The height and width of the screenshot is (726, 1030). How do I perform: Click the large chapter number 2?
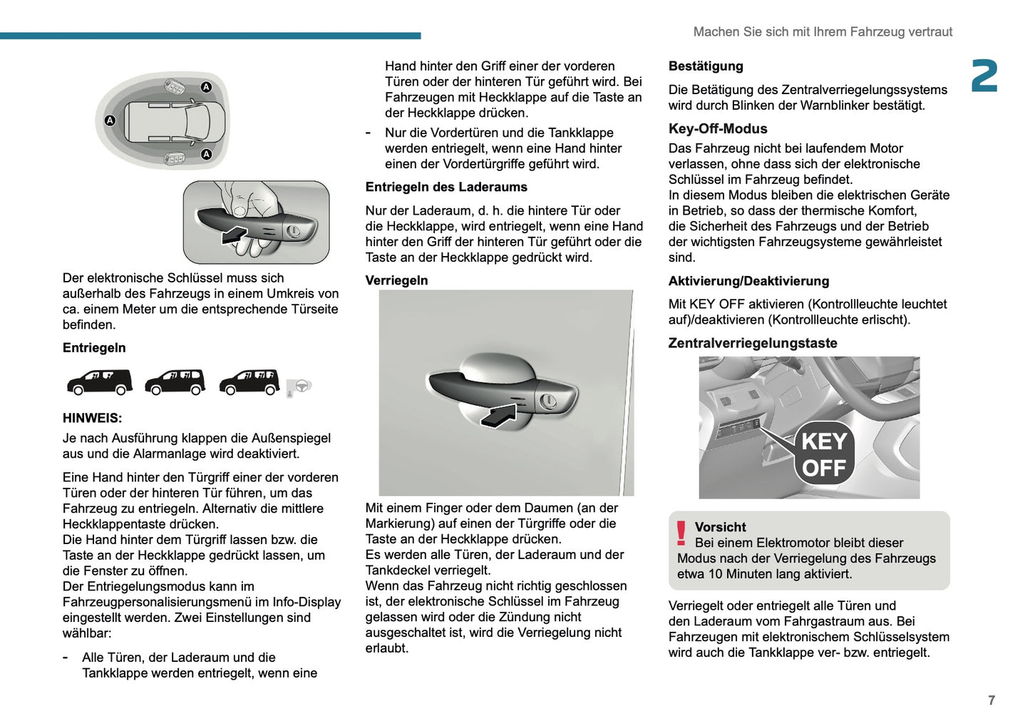click(x=984, y=76)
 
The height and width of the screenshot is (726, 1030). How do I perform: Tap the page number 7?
click(x=992, y=700)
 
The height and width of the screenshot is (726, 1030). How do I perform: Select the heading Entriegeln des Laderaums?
click(x=446, y=187)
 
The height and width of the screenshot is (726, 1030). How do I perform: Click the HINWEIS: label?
click(x=92, y=418)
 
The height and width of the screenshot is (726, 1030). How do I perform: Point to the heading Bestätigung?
click(x=706, y=66)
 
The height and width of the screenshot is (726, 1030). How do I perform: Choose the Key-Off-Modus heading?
click(x=718, y=129)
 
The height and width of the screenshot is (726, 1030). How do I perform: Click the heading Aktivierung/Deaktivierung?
click(x=748, y=281)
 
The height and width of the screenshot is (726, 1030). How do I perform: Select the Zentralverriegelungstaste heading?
click(x=753, y=343)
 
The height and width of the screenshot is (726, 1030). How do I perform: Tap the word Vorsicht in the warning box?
click(x=720, y=527)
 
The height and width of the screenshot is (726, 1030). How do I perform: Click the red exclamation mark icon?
click(x=681, y=533)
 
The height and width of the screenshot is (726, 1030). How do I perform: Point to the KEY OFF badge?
click(x=824, y=455)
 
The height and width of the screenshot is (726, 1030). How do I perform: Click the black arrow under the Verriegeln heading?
click(x=500, y=415)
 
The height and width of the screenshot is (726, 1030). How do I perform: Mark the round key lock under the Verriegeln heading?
click(x=548, y=402)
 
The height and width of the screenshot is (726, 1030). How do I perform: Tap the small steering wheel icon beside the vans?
click(x=302, y=387)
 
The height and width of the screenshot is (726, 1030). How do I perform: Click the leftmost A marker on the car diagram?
click(x=110, y=121)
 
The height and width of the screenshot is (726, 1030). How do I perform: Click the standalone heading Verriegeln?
click(x=396, y=280)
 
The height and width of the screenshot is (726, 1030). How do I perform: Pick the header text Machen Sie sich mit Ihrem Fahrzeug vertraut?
click(x=823, y=32)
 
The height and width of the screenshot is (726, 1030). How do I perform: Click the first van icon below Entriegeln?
click(x=99, y=382)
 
